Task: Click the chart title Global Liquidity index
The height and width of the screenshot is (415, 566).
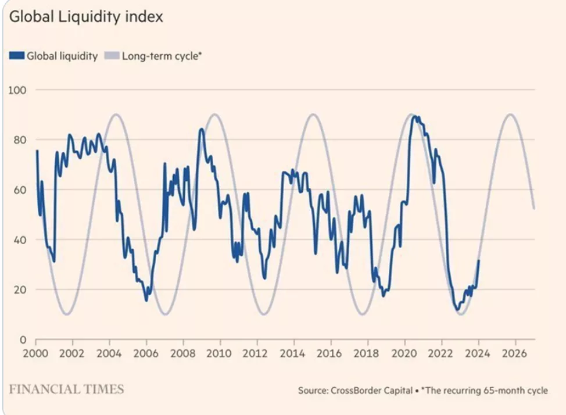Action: pyautogui.click(x=86, y=17)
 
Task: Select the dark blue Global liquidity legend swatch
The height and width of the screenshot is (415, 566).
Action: pyautogui.click(x=16, y=56)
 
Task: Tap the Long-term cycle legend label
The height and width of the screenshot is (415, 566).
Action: pyautogui.click(x=162, y=56)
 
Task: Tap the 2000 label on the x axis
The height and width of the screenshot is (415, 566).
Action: pyautogui.click(x=36, y=353)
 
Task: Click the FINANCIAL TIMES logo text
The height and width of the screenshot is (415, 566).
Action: pyautogui.click(x=66, y=389)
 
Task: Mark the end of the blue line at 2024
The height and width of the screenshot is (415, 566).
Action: pyautogui.click(x=479, y=260)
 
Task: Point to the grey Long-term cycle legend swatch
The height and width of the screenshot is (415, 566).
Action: pyautogui.click(x=111, y=56)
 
